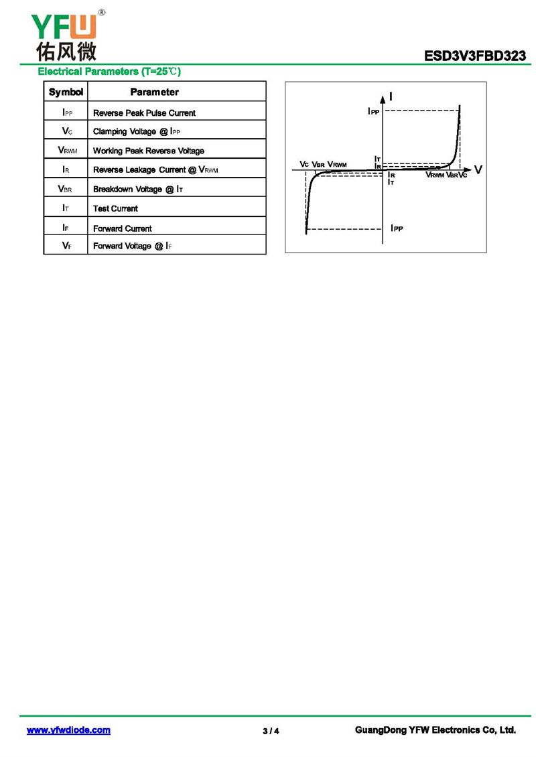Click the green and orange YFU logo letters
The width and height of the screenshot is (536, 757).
[64, 27]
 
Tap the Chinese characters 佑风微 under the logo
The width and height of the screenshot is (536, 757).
[66, 51]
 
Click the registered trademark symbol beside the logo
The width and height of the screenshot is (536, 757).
[101, 12]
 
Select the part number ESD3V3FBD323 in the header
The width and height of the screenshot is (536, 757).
[474, 56]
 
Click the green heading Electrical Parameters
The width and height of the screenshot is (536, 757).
[109, 72]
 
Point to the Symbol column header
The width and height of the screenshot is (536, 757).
[66, 92]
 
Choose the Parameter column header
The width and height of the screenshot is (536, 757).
[155, 92]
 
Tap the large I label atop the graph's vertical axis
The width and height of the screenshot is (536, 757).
[391, 96]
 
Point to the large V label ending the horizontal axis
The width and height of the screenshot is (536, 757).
[478, 169]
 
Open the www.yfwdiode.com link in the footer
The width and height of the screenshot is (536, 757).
[68, 730]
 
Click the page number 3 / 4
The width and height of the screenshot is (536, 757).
[271, 731]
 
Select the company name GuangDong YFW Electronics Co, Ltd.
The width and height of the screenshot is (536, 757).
[435, 730]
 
